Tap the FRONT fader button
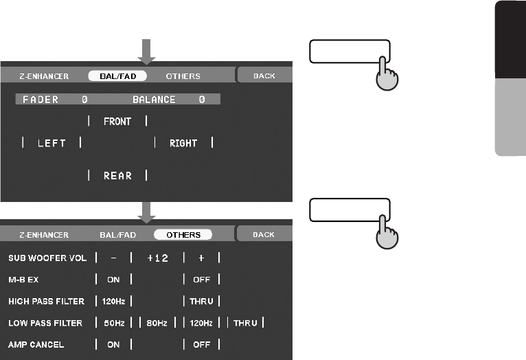point(117,122)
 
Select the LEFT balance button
point(52,143)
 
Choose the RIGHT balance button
point(183,143)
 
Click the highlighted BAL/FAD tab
point(117,76)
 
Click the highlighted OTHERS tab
point(183,235)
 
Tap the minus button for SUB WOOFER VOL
point(113,258)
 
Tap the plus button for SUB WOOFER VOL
point(201,258)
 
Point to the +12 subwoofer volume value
point(157,258)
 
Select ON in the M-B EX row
point(113,280)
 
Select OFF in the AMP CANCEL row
point(201,344)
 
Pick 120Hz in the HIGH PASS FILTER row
point(113,301)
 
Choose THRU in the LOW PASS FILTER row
point(245,323)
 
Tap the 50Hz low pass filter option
point(113,323)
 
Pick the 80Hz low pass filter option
point(157,323)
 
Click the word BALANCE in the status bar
point(154,100)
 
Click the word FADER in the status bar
point(41,100)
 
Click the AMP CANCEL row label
point(36,344)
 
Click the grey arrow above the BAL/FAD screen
point(147,49)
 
